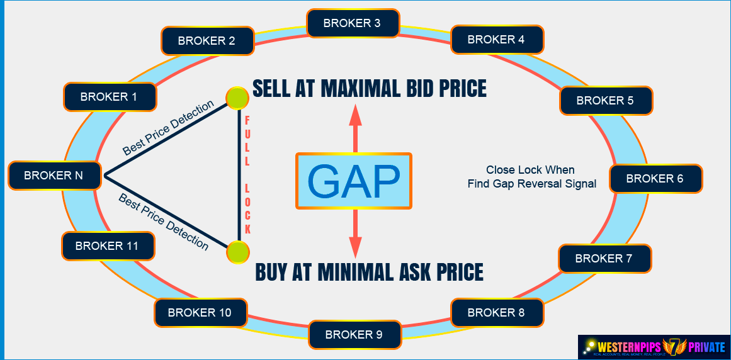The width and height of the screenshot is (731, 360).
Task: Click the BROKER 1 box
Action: tap(110, 97)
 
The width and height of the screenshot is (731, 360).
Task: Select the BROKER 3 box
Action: tap(353, 23)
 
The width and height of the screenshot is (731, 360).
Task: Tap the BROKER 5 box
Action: tap(605, 100)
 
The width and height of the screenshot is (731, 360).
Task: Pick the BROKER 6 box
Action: tap(655, 179)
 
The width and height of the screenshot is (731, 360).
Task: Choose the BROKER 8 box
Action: tap(496, 313)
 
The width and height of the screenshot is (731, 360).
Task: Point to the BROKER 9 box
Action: tap(354, 335)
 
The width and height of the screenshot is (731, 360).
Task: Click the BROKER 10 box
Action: tap(200, 313)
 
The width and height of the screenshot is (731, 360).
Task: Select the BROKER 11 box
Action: tap(107, 246)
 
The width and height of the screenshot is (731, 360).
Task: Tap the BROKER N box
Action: tap(54, 176)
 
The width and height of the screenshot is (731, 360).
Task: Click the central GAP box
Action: tap(354, 181)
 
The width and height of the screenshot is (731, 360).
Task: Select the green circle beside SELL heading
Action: tap(237, 98)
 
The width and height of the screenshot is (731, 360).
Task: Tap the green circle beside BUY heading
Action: tap(237, 252)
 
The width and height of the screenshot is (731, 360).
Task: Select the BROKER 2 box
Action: tap(207, 41)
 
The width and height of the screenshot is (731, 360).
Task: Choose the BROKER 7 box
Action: tap(604, 259)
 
